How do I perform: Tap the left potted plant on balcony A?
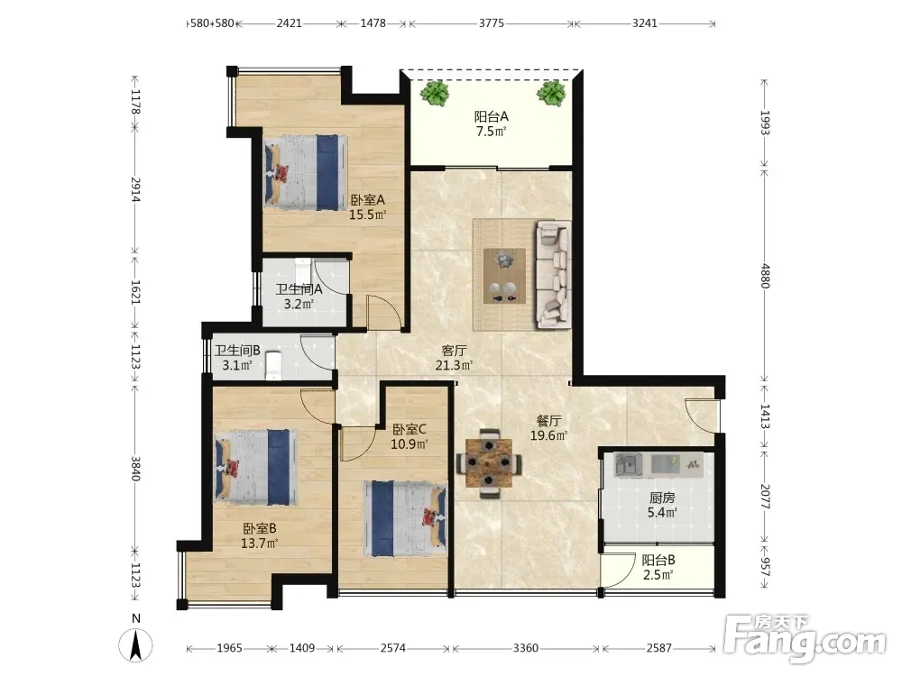pyautogui.click(x=435, y=92)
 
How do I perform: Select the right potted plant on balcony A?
pyautogui.click(x=552, y=93)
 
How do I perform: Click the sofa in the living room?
pyautogui.click(x=554, y=275)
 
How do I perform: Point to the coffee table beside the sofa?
pyautogui.click(x=504, y=275)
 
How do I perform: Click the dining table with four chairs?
pyautogui.click(x=489, y=462)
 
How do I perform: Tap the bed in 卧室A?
pyautogui.click(x=306, y=172)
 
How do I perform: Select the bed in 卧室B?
pyautogui.click(x=256, y=467)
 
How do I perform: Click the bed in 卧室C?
pyautogui.click(x=405, y=518)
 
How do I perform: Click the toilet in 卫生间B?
pyautogui.click(x=273, y=366)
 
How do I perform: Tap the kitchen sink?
pyautogui.click(x=629, y=464)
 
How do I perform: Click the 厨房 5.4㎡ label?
pyautogui.click(x=662, y=505)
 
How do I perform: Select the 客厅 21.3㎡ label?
pyautogui.click(x=454, y=357)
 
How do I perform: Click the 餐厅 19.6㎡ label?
pyautogui.click(x=548, y=428)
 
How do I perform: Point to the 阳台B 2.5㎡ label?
pyautogui.click(x=658, y=567)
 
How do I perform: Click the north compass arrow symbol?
pyautogui.click(x=136, y=644)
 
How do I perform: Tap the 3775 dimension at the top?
pyautogui.click(x=492, y=23)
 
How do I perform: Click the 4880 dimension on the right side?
pyautogui.click(x=765, y=276)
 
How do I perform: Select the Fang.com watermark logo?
pyautogui.click(x=805, y=638)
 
